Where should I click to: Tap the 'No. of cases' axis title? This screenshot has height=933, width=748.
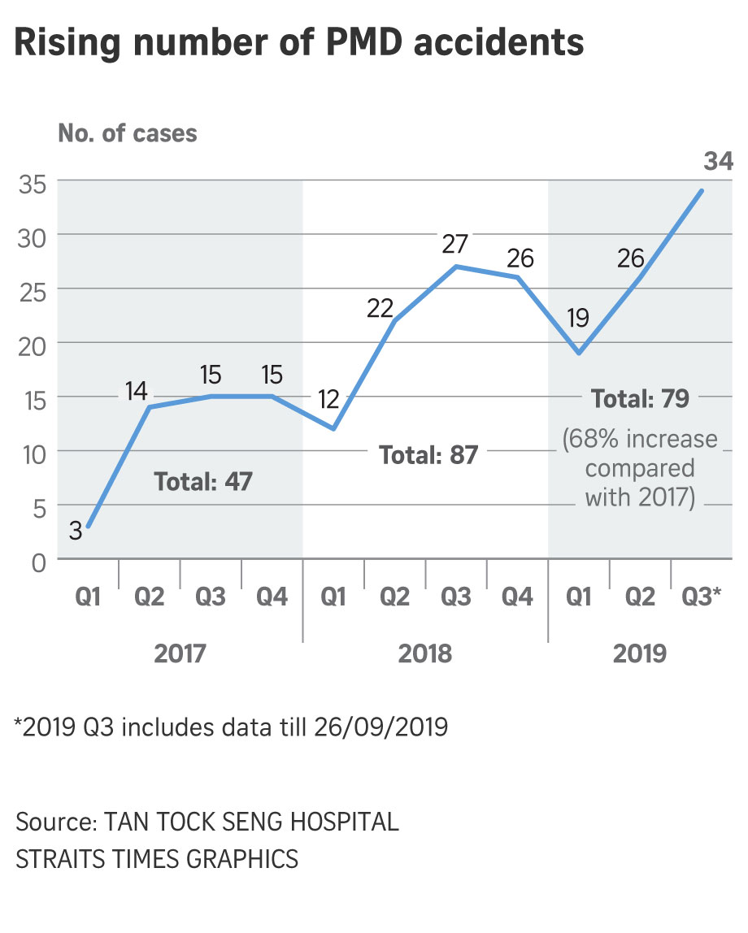[127, 132]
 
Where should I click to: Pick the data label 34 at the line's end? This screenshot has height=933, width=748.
[718, 162]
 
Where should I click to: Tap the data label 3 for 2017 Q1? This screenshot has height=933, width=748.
[75, 532]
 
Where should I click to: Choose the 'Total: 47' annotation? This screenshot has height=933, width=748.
[203, 481]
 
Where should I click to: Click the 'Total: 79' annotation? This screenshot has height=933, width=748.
[641, 399]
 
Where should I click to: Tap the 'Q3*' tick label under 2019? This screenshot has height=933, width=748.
[701, 598]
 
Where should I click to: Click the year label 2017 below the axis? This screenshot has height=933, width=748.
[180, 653]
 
